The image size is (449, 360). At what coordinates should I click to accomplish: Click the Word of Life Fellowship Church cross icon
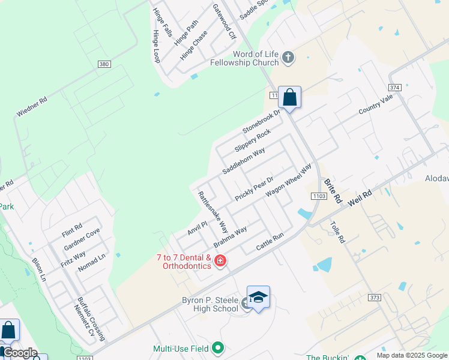pos(288,58)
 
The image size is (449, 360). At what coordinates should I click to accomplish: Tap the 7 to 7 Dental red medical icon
pos(220,260)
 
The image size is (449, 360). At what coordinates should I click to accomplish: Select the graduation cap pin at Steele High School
pos(258,298)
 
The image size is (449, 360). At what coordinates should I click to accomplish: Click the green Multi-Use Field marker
pos(218,348)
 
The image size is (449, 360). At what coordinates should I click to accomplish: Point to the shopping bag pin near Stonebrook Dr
pos(289,97)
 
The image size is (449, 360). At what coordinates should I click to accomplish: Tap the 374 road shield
pos(394,87)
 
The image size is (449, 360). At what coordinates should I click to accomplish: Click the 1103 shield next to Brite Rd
pos(318,196)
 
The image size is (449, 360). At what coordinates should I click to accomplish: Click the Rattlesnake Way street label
pos(213,212)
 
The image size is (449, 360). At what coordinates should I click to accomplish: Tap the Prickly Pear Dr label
pos(254,188)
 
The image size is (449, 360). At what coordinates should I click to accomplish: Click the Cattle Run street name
pos(270,242)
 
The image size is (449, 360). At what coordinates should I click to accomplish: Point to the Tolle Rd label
pos(337,232)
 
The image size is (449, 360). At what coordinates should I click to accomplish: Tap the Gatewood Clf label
pos(224,22)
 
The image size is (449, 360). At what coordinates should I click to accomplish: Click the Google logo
pos(20,353)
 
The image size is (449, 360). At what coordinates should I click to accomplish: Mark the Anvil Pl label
pos(197,228)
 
